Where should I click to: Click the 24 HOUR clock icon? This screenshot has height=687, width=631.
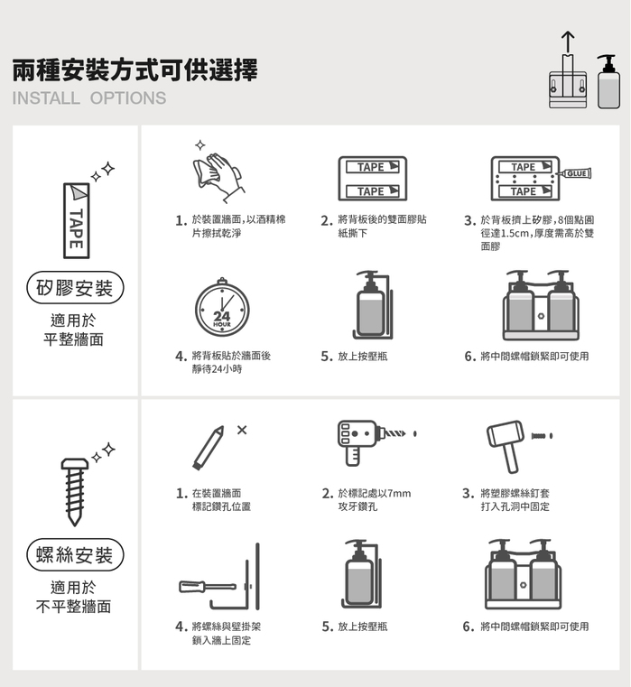point(222,308)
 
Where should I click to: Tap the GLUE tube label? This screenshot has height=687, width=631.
point(577,173)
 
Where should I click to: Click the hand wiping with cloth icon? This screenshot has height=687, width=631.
point(218,177)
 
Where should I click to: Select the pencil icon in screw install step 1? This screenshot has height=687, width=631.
point(209,448)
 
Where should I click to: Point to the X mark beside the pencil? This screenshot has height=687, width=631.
point(242,430)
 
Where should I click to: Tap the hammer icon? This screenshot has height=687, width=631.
point(506,446)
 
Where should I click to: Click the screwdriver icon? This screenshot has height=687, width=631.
point(208,587)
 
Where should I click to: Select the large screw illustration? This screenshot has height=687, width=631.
point(75,492)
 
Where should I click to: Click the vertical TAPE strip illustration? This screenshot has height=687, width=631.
point(77,220)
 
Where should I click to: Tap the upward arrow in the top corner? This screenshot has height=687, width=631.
point(568,42)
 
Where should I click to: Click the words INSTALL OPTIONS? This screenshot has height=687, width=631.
point(89,98)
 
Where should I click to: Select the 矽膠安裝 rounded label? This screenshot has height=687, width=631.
point(75,288)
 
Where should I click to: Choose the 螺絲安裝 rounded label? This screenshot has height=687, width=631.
point(75,554)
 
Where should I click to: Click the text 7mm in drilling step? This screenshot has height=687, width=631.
point(399,494)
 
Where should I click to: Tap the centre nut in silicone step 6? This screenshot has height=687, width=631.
point(541,316)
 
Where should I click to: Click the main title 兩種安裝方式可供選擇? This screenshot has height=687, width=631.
point(135,70)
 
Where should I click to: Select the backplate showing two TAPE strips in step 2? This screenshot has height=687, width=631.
point(373,179)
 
